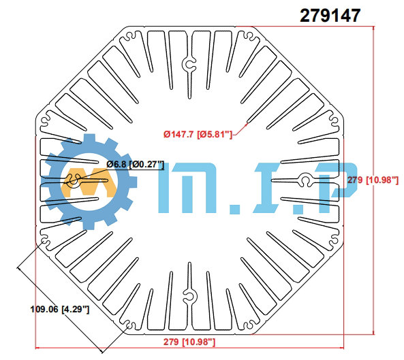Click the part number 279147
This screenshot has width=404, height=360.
coord(330,15)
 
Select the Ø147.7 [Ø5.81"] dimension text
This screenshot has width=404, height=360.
coord(198,134)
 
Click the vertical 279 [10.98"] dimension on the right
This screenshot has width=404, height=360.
coord(373,180)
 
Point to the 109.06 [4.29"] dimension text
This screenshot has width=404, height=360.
coord(60,309)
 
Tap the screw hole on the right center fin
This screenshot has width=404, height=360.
coord(306,180)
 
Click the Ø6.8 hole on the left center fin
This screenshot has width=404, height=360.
coord(74,181)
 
